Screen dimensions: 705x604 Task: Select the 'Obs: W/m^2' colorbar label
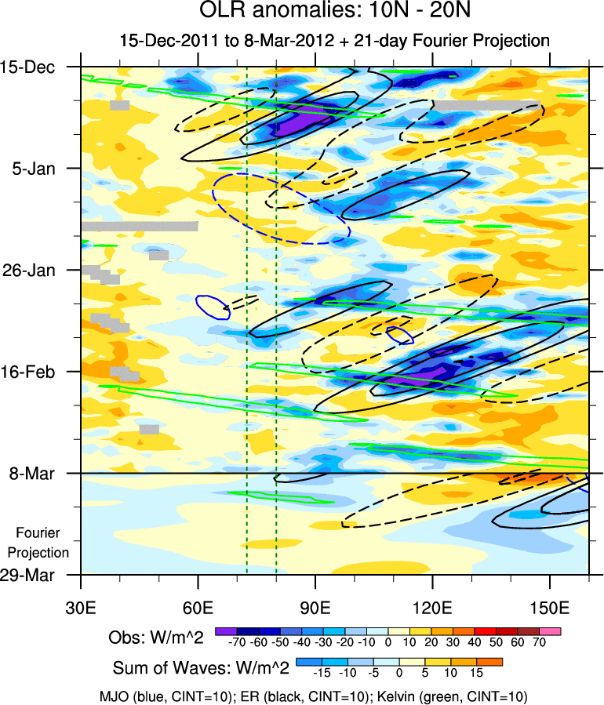click(x=156, y=638)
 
